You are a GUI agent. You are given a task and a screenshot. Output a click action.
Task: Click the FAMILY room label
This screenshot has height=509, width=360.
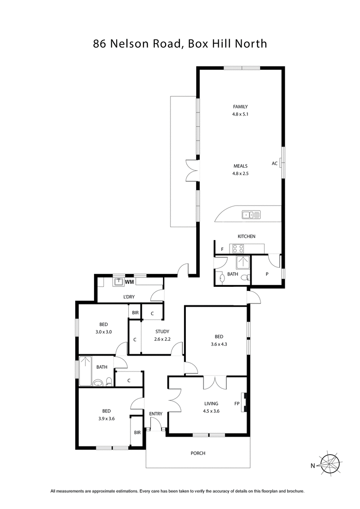click(x=240, y=107)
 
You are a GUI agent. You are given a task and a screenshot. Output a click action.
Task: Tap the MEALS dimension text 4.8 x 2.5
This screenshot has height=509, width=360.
click(x=240, y=173)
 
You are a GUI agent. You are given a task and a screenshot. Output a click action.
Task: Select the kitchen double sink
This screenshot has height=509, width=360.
click(x=251, y=215)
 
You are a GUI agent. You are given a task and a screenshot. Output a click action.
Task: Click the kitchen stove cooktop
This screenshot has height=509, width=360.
click(x=238, y=248)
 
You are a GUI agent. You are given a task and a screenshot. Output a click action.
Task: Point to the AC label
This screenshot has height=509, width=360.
click(x=274, y=164)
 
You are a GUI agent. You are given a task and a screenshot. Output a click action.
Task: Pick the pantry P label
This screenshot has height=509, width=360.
click(x=267, y=273)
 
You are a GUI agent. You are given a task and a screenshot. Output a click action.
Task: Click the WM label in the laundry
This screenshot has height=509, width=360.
click(x=129, y=282)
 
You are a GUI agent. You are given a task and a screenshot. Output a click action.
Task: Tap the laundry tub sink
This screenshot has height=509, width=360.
click(x=119, y=282)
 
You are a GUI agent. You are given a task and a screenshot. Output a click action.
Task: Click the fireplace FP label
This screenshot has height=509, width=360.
click(x=237, y=403)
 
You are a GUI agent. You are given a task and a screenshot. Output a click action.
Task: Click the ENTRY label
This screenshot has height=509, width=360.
click(x=156, y=414)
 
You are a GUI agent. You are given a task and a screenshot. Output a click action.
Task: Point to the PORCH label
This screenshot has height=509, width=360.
click(x=198, y=453)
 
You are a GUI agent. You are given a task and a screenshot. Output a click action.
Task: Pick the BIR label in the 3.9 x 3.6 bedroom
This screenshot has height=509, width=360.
click(x=137, y=433)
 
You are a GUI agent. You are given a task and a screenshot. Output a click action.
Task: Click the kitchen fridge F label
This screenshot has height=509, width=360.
click(x=222, y=249)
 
